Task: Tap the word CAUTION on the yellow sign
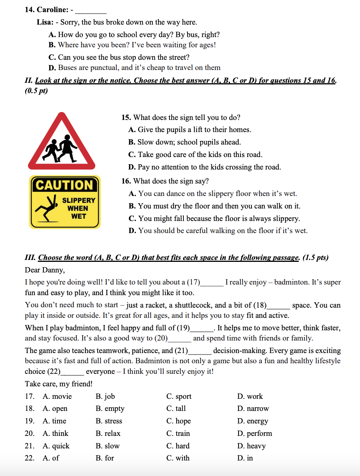[64, 185]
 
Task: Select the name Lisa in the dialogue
[45, 22]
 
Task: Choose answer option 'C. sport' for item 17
[179, 396]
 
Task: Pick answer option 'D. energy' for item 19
[253, 421]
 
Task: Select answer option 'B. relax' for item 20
[108, 433]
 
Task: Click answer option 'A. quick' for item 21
[56, 446]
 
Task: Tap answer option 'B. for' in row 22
[105, 458]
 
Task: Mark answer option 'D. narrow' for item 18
[253, 409]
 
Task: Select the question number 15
[126, 118]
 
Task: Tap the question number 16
[126, 181]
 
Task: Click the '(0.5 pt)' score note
[36, 91]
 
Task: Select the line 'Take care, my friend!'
[59, 384]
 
